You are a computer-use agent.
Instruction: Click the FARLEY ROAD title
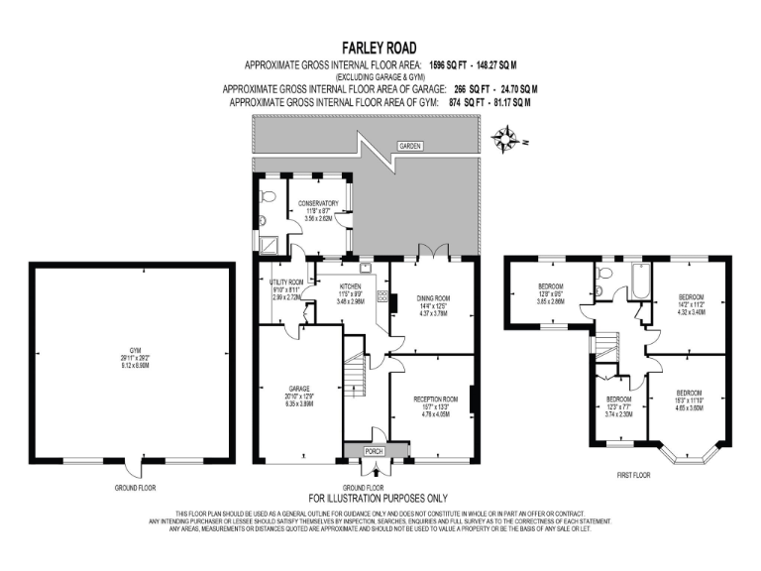pos(380,47)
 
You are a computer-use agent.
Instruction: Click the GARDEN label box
pos(410,146)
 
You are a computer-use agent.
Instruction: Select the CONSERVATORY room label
pos(319,209)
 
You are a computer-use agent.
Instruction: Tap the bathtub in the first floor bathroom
pos(634,281)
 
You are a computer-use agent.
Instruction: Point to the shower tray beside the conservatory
pos(266,241)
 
